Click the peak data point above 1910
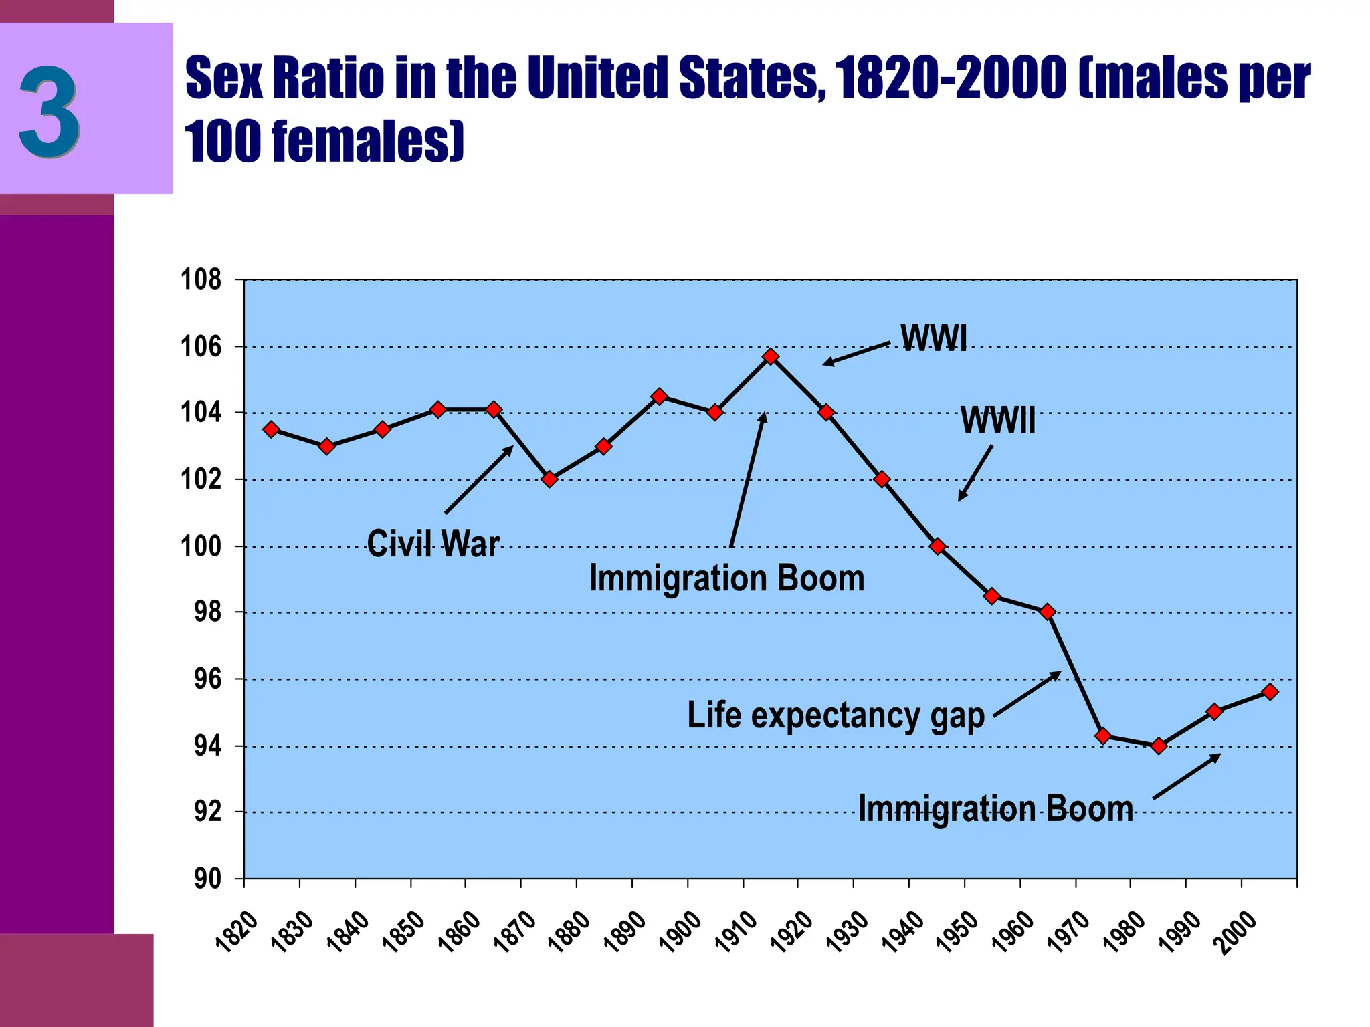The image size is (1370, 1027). [771, 356]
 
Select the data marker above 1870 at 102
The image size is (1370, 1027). [549, 479]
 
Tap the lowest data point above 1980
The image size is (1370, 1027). [1159, 746]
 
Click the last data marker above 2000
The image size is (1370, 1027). [1270, 692]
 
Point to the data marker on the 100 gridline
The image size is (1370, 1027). [937, 546]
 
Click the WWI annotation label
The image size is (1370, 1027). [933, 338]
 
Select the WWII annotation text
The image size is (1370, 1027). [997, 421]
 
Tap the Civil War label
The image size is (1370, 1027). [433, 543]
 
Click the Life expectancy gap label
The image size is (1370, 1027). [836, 715]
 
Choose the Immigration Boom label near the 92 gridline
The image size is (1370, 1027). [995, 808]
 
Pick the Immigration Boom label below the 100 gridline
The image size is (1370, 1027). [726, 578]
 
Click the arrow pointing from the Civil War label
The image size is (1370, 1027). [478, 480]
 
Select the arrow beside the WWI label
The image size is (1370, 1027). [856, 354]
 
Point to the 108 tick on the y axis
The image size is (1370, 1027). [201, 279]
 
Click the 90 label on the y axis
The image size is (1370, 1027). [207, 879]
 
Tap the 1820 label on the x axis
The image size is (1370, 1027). [237, 931]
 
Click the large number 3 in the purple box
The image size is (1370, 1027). [50, 111]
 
